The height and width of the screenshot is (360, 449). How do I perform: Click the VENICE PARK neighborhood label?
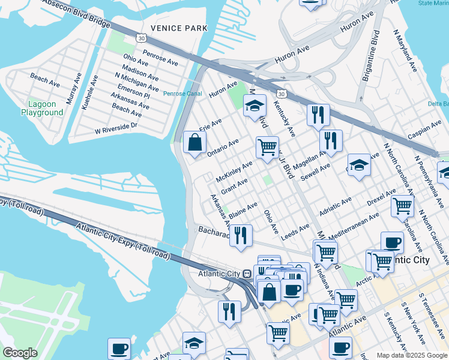point(179,28)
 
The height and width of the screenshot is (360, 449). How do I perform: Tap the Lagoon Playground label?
point(42,108)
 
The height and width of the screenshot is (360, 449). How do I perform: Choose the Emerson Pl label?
point(133,91)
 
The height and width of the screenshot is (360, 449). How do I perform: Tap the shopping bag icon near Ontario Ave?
point(194,143)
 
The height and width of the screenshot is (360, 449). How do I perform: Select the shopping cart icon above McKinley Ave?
point(267,146)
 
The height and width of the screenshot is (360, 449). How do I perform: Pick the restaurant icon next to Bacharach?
point(241,235)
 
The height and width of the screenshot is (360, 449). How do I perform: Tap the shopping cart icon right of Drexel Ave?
point(402,206)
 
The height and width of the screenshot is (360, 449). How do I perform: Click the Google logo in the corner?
point(20,353)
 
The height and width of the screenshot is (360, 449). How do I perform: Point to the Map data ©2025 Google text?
point(411,355)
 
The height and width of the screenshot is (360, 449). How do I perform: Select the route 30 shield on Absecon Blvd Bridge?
point(141,38)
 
